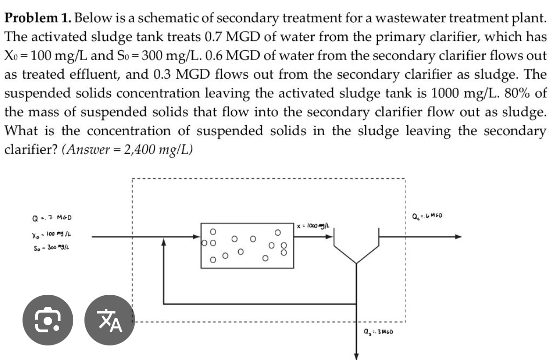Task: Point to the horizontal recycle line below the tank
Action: coord(258,304)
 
